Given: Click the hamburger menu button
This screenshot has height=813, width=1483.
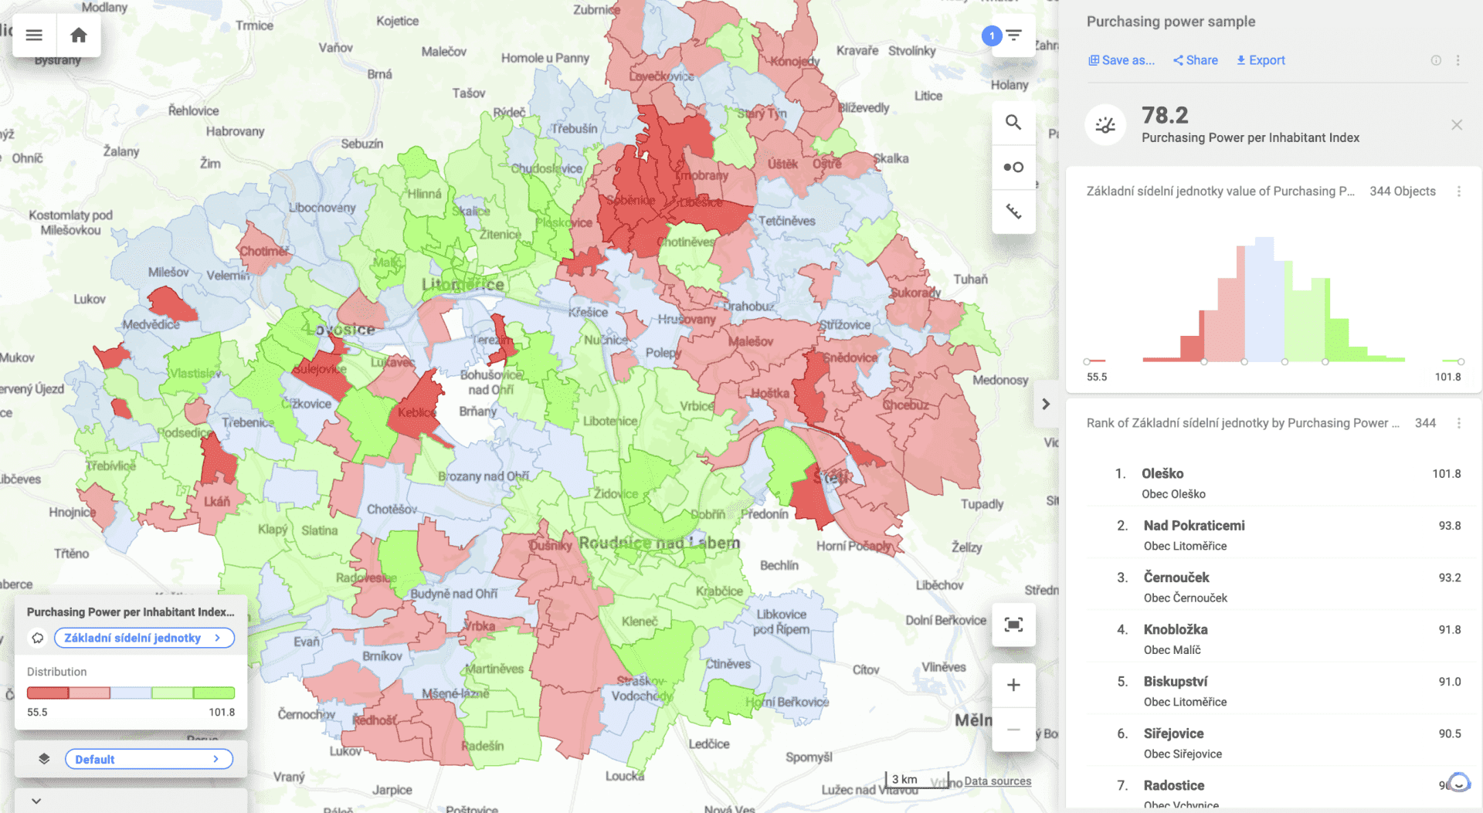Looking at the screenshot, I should [34, 36].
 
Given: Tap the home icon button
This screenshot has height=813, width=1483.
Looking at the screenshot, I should [78, 36].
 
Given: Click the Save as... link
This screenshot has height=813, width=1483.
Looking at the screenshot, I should [1122, 60].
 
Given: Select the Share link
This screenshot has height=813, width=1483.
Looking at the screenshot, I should [1196, 60].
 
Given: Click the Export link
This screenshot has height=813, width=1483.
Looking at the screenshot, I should [1261, 60].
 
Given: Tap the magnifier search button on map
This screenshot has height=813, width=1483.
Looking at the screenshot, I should [1013, 123].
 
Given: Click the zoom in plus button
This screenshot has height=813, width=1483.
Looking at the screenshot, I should [1013, 685].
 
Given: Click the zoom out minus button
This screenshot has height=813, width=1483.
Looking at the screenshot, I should [1013, 730].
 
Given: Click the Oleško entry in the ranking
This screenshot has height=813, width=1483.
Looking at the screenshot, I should [1162, 473].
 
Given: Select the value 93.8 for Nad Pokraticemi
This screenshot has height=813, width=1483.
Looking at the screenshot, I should [1449, 526].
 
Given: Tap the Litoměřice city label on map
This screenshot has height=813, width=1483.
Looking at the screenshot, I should [463, 285].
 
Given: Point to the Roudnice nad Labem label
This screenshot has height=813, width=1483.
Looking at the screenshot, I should [659, 543].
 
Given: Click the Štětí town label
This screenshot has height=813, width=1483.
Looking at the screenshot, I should [830, 477].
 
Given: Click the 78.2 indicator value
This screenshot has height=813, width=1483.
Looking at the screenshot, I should [1165, 116].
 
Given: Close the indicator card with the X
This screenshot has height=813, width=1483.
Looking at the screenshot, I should [1457, 125].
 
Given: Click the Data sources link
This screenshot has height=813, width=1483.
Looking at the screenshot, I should [997, 781].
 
